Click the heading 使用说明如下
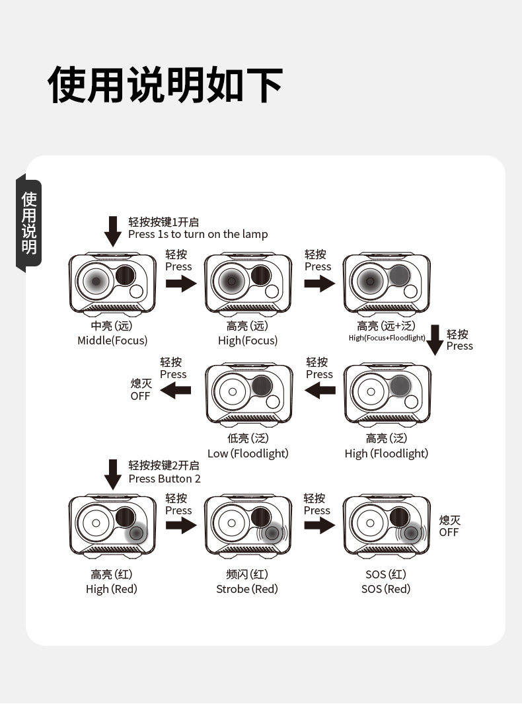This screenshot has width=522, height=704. click(x=165, y=85)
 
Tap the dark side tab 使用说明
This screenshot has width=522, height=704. click(x=29, y=223)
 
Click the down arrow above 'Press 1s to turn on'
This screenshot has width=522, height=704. click(x=114, y=231)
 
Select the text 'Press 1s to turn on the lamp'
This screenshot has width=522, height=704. click(x=198, y=234)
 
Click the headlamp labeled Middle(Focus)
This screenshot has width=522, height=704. click(x=112, y=282)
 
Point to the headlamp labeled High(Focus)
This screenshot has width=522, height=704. click(x=248, y=282)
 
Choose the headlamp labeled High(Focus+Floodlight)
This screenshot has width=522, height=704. click(x=387, y=282)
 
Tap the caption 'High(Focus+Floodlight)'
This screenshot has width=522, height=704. click(x=387, y=338)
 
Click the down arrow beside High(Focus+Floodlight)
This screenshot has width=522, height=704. click(x=435, y=339)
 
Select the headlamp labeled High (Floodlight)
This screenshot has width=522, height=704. click(x=387, y=393)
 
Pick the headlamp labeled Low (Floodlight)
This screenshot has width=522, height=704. click(x=248, y=393)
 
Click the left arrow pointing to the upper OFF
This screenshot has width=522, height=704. click(x=176, y=390)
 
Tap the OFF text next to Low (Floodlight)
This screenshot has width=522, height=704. click(x=141, y=396)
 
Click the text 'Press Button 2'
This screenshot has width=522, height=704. click(x=165, y=479)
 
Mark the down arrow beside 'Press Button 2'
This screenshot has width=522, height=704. click(x=114, y=473)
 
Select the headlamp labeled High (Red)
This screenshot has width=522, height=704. click(x=112, y=525)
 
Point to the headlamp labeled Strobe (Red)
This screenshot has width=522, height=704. click(x=248, y=525)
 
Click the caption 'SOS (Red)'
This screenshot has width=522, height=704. click(x=386, y=589)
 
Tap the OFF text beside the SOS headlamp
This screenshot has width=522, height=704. click(x=449, y=532)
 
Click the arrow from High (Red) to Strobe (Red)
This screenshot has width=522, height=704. click(x=180, y=526)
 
